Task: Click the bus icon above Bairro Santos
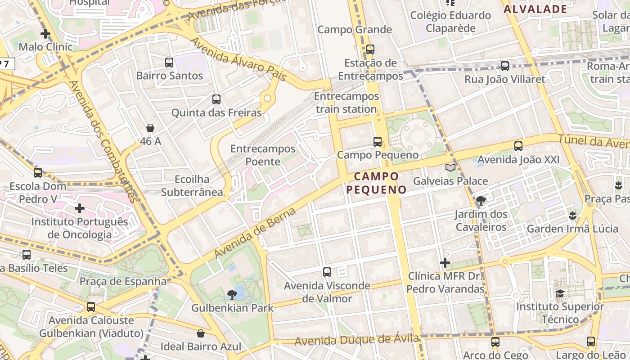click(169, 63)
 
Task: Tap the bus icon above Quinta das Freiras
click(216, 99)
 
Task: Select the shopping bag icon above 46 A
click(150, 128)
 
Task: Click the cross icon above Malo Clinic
click(45, 34)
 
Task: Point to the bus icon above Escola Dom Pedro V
click(38, 172)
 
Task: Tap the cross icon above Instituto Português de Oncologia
click(80, 208)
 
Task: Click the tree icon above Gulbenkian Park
click(232, 295)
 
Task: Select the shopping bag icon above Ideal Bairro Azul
click(201, 333)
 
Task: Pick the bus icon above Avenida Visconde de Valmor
click(327, 272)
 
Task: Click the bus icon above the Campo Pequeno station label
click(378, 142)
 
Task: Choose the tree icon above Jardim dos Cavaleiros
click(481, 201)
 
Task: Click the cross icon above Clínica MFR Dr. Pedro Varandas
click(445, 262)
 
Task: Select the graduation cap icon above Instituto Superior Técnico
click(560, 294)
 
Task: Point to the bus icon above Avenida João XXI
click(518, 146)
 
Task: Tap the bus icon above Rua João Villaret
click(505, 66)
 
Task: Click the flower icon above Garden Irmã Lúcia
click(572, 216)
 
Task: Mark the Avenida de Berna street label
click(255, 233)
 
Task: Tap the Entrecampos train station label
click(346, 103)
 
